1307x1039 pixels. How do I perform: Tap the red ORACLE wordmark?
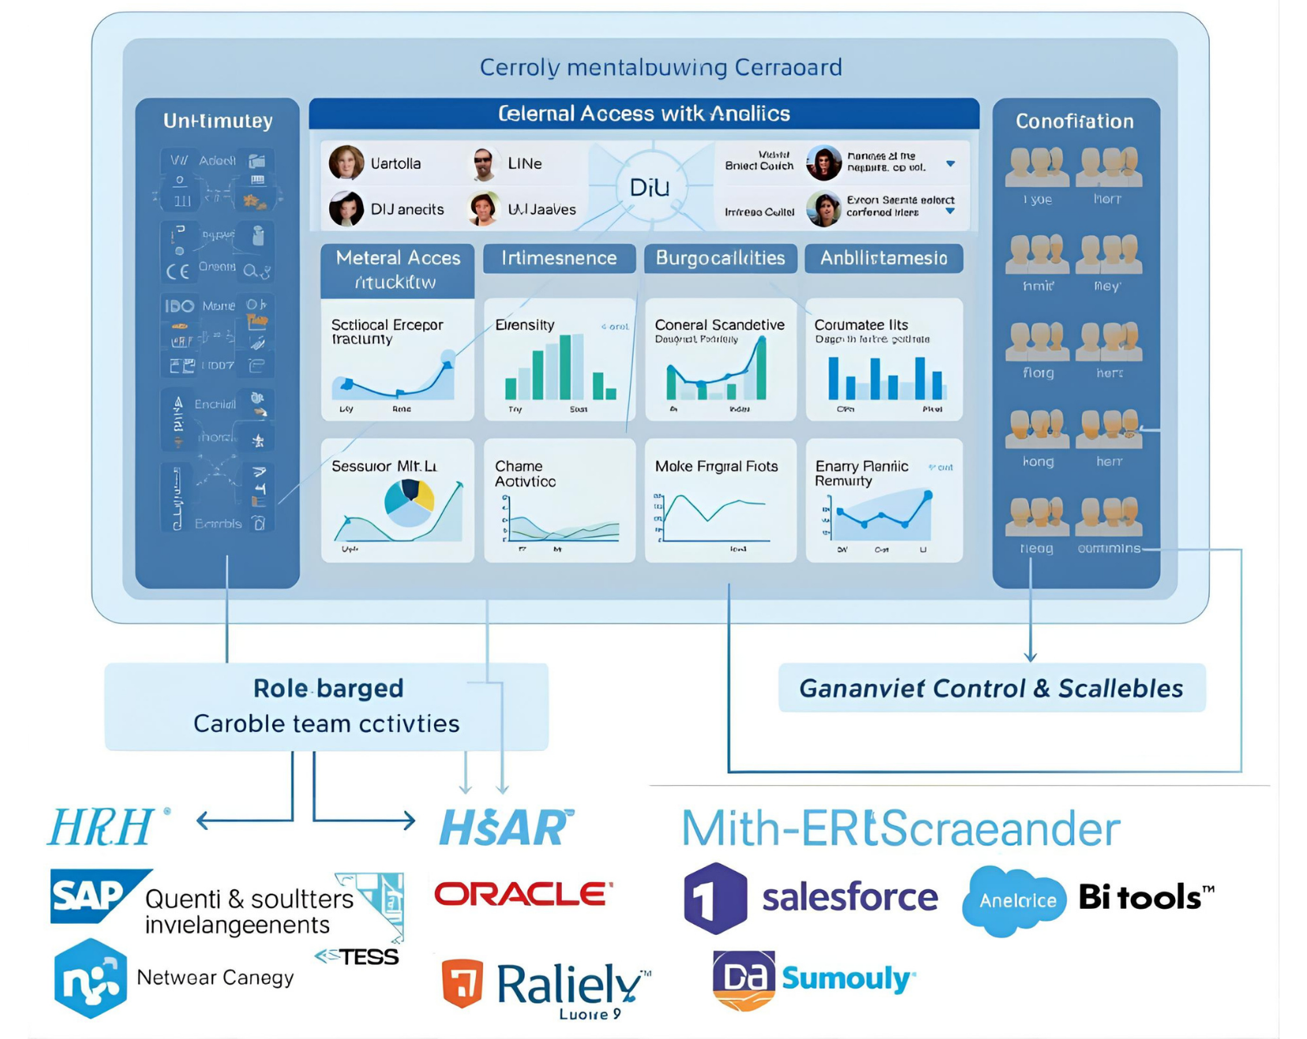point(523,894)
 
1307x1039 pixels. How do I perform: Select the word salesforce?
point(850,898)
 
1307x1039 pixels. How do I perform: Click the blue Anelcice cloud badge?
point(1017,901)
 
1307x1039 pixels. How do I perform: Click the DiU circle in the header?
point(650,187)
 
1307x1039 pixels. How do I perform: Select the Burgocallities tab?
point(720,258)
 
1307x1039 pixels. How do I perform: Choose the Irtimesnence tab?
point(559,258)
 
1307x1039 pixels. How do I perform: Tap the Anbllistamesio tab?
point(883,258)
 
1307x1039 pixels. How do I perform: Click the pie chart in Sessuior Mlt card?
point(410,503)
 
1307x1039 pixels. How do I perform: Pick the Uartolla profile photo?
point(346,163)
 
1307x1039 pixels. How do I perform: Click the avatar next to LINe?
point(483,163)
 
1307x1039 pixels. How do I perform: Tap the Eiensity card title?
point(525,325)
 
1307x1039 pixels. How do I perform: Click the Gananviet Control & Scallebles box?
point(991,689)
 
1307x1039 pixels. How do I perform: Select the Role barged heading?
point(328,689)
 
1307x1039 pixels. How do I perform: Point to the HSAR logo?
point(506,828)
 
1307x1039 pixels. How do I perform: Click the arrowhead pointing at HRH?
point(202,820)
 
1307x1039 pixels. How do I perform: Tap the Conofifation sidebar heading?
point(1074,121)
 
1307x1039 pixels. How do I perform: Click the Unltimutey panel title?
point(218,121)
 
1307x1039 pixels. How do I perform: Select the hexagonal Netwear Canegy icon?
point(91,978)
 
